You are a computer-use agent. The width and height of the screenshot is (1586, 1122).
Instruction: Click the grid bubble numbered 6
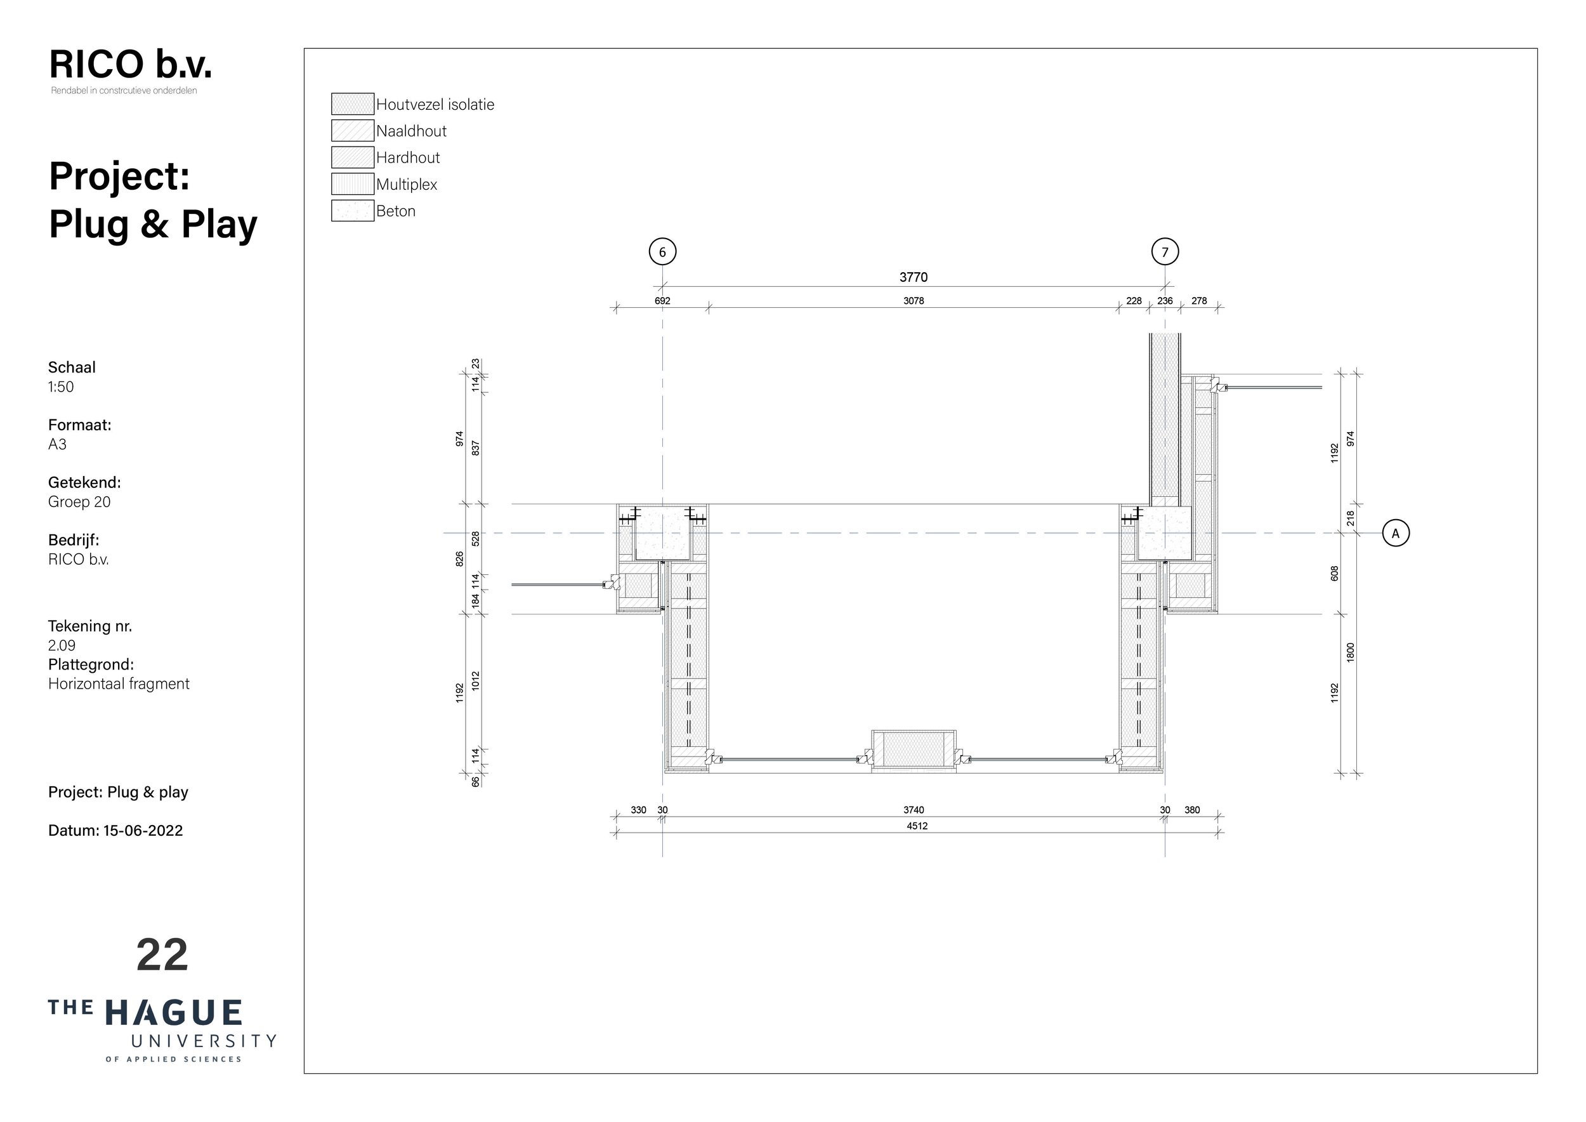(x=662, y=251)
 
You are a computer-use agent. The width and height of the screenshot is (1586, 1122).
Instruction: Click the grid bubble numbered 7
(x=1165, y=251)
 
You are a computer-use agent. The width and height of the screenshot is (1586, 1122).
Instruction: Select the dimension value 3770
(x=913, y=277)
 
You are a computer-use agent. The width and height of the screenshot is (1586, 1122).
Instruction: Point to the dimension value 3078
(x=913, y=301)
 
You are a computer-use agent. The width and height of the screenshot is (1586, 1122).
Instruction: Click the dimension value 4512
(x=917, y=826)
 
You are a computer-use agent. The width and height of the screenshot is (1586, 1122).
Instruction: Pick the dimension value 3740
(x=913, y=810)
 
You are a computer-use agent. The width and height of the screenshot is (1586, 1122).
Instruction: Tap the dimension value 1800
(x=1351, y=652)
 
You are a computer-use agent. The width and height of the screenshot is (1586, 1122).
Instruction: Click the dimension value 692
(x=662, y=301)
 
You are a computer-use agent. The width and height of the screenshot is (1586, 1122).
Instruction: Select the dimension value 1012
(x=475, y=681)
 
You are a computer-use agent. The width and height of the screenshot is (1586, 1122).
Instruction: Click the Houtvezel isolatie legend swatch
(x=352, y=103)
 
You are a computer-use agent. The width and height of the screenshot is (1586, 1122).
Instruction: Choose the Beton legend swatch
(x=352, y=211)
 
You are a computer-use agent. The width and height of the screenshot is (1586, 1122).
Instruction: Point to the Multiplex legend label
(x=407, y=185)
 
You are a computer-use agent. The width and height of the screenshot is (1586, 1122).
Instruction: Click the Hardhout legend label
(x=409, y=157)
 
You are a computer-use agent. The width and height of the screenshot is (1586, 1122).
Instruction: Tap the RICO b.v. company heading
(x=131, y=64)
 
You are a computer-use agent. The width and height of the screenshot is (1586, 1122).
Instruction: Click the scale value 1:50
(x=61, y=387)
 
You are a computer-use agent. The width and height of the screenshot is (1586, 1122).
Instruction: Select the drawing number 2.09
(x=62, y=645)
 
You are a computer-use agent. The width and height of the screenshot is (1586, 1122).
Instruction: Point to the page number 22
(x=162, y=955)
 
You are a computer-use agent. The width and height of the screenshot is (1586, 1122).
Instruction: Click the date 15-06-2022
(x=143, y=831)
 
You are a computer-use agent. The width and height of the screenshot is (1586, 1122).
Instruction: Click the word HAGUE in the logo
(x=173, y=1013)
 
